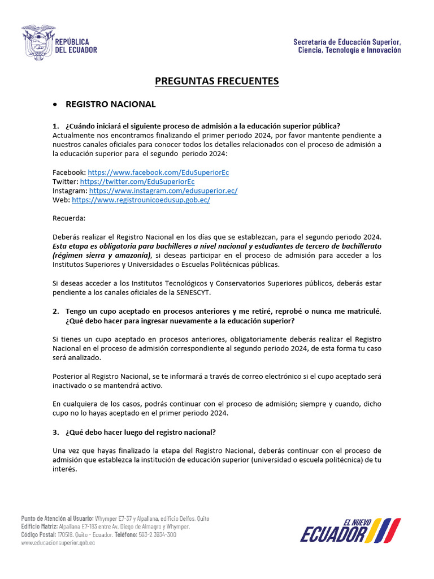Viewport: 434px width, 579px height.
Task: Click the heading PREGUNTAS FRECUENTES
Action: [x=217, y=81]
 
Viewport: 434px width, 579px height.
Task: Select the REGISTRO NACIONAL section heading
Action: [x=111, y=105]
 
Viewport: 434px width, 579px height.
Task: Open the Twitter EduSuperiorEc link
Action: [x=137, y=182]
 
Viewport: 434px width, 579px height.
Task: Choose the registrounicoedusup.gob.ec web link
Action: [x=141, y=200]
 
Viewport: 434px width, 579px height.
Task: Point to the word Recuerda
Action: [x=69, y=218]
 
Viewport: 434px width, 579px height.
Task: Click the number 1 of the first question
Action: [x=55, y=126]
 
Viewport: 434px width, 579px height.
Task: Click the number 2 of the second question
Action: [x=55, y=311]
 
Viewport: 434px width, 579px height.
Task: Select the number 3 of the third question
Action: [x=55, y=433]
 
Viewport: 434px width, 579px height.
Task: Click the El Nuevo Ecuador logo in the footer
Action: [x=350, y=530]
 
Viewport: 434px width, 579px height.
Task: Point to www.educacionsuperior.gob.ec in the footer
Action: [x=58, y=543]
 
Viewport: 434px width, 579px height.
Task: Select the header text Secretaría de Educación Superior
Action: [x=347, y=42]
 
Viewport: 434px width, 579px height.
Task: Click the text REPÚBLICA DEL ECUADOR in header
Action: [x=76, y=46]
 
